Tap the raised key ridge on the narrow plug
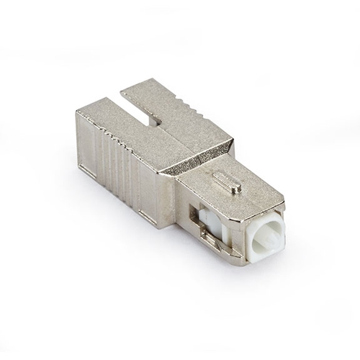pos(227,181)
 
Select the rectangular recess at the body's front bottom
pos(148,214)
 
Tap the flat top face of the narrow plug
pos(238,191)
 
